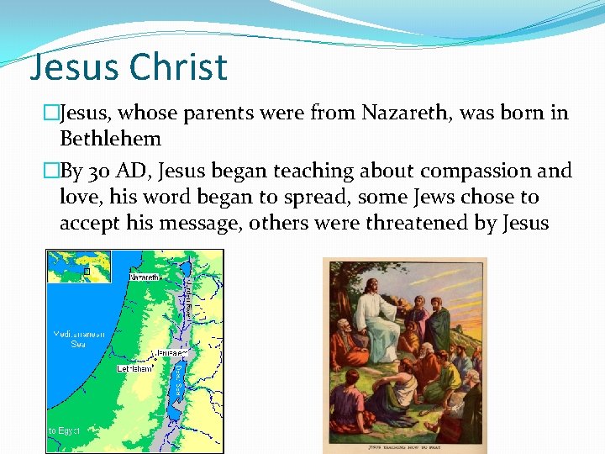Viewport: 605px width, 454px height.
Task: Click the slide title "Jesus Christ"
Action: click(x=128, y=67)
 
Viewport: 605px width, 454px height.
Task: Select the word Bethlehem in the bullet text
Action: click(x=110, y=138)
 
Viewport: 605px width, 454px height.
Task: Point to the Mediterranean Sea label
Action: click(x=79, y=339)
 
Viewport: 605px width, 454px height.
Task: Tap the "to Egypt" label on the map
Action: click(x=64, y=430)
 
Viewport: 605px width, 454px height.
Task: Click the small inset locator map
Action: click(x=79, y=267)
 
